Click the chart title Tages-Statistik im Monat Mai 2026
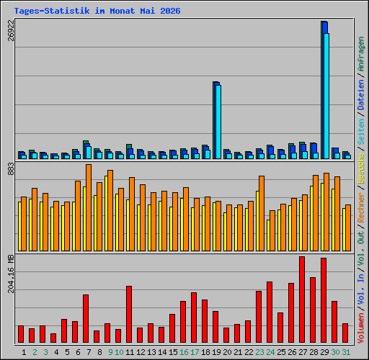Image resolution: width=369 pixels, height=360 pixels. point(97,11)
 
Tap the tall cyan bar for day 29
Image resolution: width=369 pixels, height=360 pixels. point(326,96)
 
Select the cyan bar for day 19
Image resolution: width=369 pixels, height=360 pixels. point(218,122)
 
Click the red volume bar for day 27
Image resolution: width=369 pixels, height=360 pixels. point(302,300)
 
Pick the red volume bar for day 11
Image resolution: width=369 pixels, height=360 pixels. point(129,314)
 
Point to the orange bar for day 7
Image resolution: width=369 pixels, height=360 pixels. point(89,207)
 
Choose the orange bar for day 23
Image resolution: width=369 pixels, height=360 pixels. point(262,213)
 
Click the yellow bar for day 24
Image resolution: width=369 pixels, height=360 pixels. point(268,235)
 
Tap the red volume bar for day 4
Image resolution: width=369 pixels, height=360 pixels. point(53,338)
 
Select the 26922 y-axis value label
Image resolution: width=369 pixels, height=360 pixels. point(11,30)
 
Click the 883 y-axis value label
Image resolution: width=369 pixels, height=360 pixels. point(11,168)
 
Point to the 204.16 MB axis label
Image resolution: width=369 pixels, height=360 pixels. point(11,274)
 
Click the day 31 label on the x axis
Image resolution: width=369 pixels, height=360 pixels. point(346,352)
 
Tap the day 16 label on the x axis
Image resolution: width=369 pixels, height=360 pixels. point(184,352)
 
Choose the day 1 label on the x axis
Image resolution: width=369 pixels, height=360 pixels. point(24,352)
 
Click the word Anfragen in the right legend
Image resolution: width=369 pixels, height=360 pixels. point(361,54)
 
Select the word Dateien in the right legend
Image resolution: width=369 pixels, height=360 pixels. point(361,95)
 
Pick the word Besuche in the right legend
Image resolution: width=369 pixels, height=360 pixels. point(361,168)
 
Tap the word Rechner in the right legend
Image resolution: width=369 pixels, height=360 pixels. point(361,207)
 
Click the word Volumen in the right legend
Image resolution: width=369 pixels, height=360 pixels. point(361,328)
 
